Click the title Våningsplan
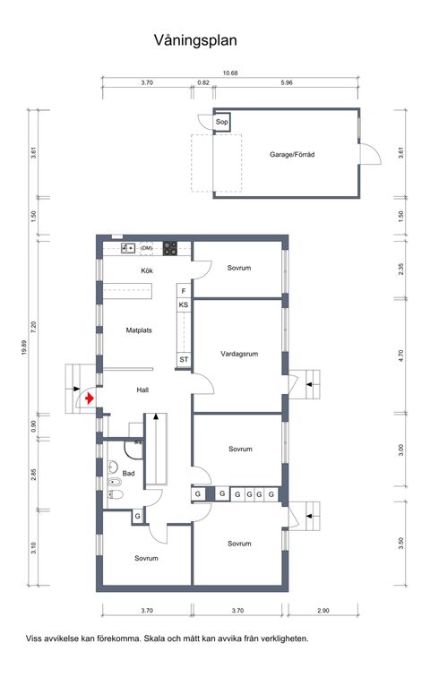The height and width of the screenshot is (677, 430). [x=194, y=40]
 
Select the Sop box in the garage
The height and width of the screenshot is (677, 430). [x=222, y=122]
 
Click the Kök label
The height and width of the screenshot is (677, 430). [x=149, y=270]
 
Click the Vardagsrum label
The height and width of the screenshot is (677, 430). [x=239, y=354]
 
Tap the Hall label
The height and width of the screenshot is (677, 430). [x=142, y=390]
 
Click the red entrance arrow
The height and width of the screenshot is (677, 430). [x=90, y=398]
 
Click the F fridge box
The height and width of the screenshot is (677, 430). [x=183, y=291]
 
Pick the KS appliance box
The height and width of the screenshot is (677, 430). [x=183, y=305]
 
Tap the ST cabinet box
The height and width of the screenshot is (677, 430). [x=183, y=360]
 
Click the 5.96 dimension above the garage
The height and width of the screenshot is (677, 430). [x=287, y=82]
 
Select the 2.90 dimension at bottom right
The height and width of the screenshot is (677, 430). [x=322, y=610]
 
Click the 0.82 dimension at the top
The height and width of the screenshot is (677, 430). [x=202, y=82]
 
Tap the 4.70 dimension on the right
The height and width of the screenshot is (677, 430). [x=401, y=356]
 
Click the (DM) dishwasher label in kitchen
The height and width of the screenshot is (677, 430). [x=146, y=247]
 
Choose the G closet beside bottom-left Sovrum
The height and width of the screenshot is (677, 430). [x=137, y=517]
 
